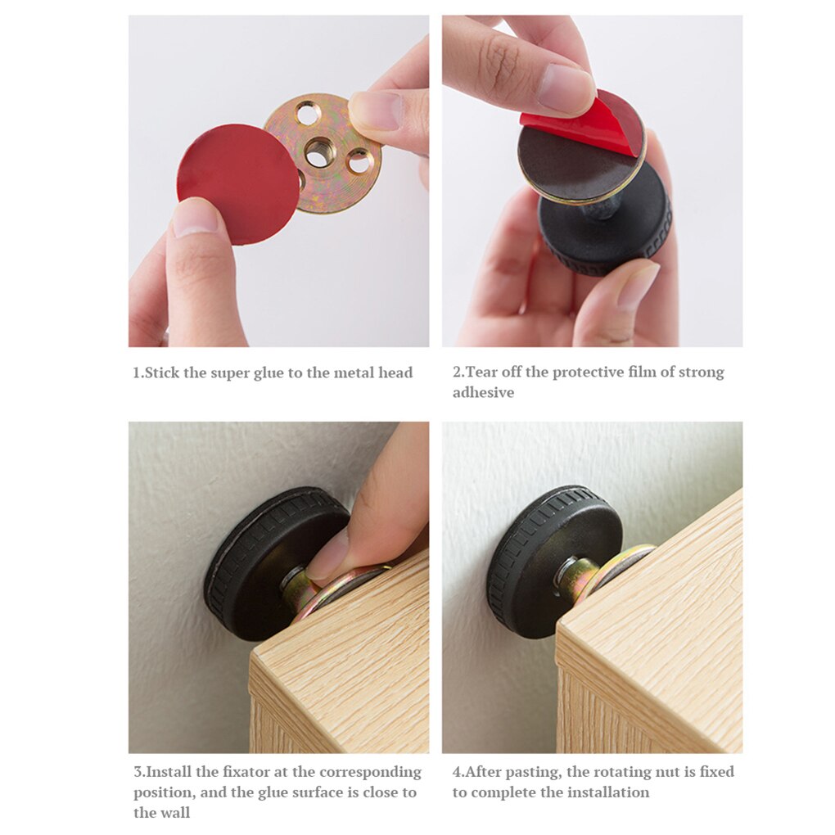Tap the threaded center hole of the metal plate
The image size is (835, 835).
318,151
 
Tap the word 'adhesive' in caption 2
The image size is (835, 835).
483,392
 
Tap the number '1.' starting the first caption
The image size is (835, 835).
138,373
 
